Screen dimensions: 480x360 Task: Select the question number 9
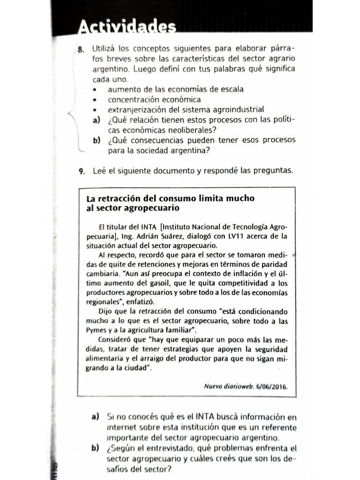pos(82,171)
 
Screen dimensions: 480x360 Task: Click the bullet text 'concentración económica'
pos(154,99)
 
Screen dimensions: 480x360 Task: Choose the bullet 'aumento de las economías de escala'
pos(175,89)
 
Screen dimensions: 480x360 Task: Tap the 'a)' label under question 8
pos(97,120)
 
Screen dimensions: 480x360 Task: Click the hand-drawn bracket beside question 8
pos(71,115)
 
